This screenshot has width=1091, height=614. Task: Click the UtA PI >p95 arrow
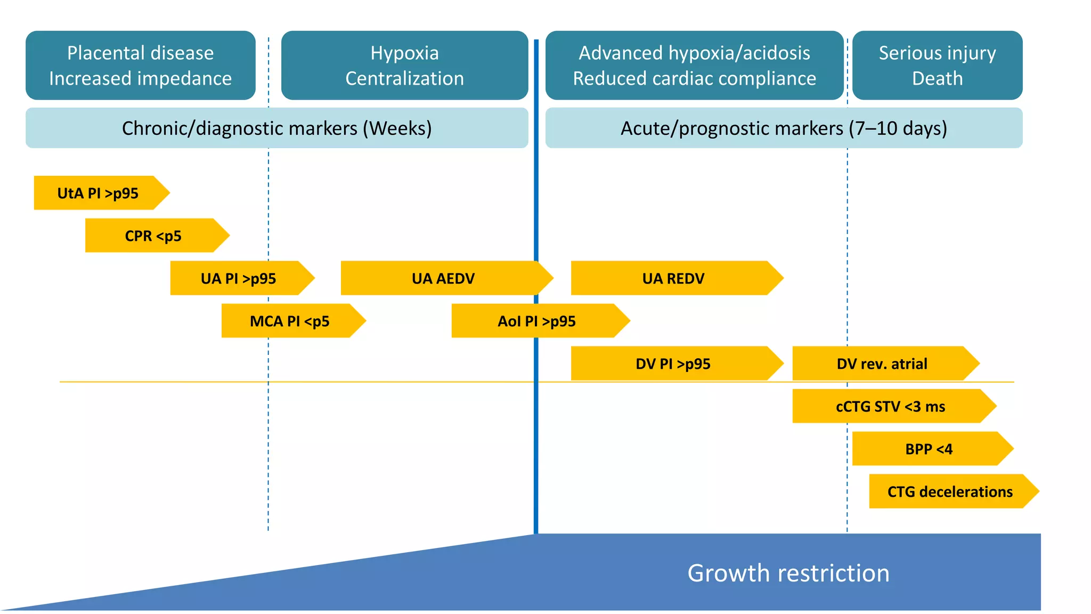99,193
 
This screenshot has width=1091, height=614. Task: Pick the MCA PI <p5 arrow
290,321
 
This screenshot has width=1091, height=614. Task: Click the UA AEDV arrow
443,278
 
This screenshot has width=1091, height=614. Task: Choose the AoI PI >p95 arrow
537,321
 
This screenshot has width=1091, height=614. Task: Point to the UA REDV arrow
673,278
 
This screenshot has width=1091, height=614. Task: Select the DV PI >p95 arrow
673,363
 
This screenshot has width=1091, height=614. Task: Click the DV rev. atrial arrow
882,363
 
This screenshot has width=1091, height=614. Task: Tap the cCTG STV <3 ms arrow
891,406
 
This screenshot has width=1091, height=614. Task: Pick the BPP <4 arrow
929,449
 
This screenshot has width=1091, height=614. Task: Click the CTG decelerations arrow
950,491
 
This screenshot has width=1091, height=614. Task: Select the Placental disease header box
141,65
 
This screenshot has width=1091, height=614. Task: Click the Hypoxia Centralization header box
405,65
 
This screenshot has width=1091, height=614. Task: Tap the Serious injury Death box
938,65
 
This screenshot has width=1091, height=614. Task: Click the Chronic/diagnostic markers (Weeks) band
277,128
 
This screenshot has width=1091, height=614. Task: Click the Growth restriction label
788,573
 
